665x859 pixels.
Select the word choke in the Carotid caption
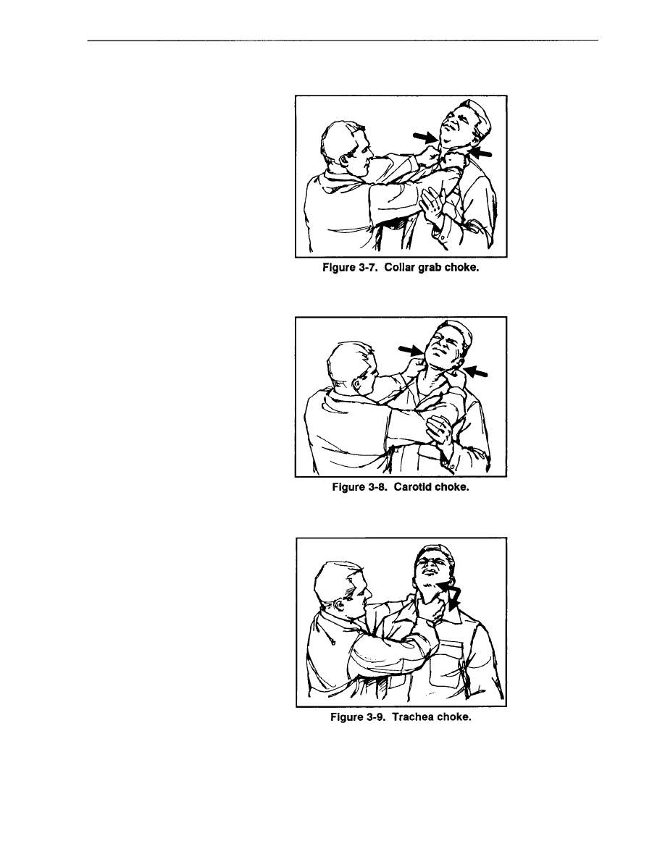tap(452, 487)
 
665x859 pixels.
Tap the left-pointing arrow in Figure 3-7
tap(481, 152)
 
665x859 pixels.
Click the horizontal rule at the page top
tap(343, 40)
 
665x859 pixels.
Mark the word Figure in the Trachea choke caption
tap(347, 717)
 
